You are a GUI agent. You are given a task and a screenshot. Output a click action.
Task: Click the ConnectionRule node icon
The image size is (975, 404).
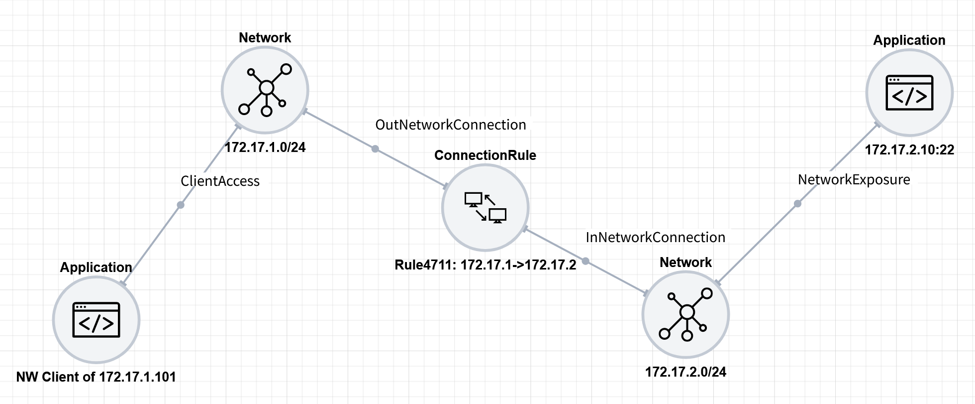click(485, 207)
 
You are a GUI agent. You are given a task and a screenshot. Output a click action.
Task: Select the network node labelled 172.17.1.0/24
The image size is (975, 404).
click(265, 90)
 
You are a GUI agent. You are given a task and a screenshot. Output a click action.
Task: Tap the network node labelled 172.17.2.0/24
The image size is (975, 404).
click(685, 314)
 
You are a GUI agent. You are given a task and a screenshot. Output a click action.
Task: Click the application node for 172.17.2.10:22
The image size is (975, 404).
click(909, 93)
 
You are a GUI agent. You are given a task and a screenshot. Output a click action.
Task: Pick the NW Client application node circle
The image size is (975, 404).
click(96, 320)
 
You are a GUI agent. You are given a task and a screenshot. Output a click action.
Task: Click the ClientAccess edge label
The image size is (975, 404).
click(220, 181)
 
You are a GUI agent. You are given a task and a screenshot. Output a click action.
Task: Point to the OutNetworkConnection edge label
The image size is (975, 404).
click(450, 125)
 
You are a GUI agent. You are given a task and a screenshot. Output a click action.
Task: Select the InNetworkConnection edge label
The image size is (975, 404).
click(655, 237)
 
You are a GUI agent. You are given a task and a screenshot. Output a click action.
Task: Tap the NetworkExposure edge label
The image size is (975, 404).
click(854, 180)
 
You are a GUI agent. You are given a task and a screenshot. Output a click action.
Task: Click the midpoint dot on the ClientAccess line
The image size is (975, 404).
click(181, 205)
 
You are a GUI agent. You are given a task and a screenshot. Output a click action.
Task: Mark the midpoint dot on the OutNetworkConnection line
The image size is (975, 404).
click(375, 149)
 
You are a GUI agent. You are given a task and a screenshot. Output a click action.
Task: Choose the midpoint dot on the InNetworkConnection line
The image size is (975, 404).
click(585, 261)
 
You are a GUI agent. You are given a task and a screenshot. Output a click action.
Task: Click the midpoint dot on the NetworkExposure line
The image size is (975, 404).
click(797, 203)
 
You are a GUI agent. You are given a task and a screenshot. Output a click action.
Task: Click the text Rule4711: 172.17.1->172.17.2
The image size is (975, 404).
click(485, 265)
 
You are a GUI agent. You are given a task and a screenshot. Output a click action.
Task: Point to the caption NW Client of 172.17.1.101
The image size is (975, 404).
click(96, 377)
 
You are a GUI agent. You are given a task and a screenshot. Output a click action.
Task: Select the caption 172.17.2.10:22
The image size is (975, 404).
click(909, 149)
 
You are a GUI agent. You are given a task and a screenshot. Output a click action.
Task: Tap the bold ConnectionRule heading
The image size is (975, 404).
click(485, 155)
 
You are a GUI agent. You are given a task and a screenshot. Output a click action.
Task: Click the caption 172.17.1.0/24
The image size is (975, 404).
click(265, 147)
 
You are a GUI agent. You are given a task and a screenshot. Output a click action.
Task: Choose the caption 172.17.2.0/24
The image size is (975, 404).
click(685, 372)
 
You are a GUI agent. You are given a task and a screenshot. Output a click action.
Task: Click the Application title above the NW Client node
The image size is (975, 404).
click(96, 268)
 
